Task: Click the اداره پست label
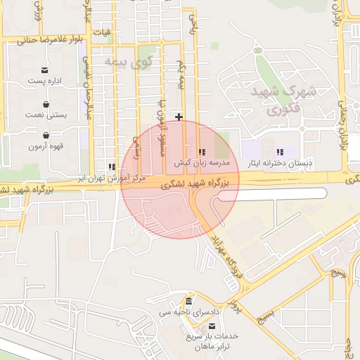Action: pyautogui.click(x=45, y=82)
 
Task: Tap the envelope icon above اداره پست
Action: pyautogui.click(x=45, y=70)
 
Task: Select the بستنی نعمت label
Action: pyautogui.click(x=45, y=115)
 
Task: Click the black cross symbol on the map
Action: pyautogui.click(x=180, y=117)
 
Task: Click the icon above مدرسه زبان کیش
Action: pyautogui.click(x=202, y=151)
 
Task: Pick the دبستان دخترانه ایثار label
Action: pyautogui.click(x=279, y=162)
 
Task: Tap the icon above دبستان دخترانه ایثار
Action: pyautogui.click(x=280, y=151)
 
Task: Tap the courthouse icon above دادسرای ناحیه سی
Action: pyautogui.click(x=188, y=302)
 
